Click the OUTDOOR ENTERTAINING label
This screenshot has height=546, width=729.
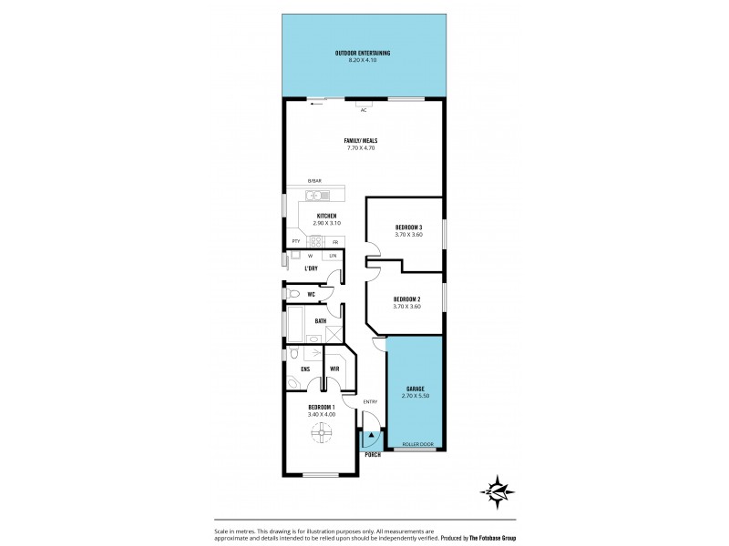coord(363,54)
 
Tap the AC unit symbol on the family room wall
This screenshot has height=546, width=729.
coord(363,103)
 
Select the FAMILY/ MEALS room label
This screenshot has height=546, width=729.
coord(361,140)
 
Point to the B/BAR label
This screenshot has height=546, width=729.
coord(314,181)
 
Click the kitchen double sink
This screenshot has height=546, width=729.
coord(315,193)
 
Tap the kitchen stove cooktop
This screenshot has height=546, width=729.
coord(315,241)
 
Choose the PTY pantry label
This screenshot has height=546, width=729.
coord(296,241)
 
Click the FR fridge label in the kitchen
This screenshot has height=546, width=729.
coord(335,241)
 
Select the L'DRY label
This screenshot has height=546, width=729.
coord(311,268)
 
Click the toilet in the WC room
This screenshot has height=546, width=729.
coord(293,295)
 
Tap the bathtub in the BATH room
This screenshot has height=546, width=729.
coord(298,321)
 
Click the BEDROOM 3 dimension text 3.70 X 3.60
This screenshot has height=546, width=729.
coord(407,235)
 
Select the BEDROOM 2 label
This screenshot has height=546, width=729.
coord(406,298)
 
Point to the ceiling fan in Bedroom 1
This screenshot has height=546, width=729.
coord(320,439)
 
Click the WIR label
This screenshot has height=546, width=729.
coord(334,369)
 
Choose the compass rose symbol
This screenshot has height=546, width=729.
coord(498,492)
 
